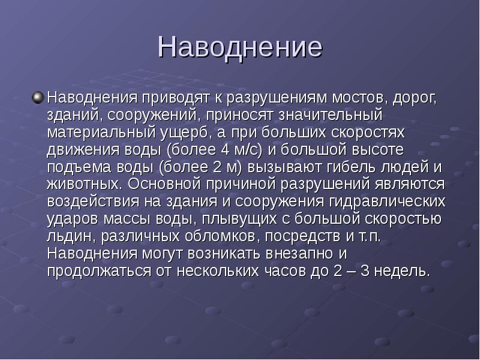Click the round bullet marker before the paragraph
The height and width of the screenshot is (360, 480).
coord(38,96)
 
